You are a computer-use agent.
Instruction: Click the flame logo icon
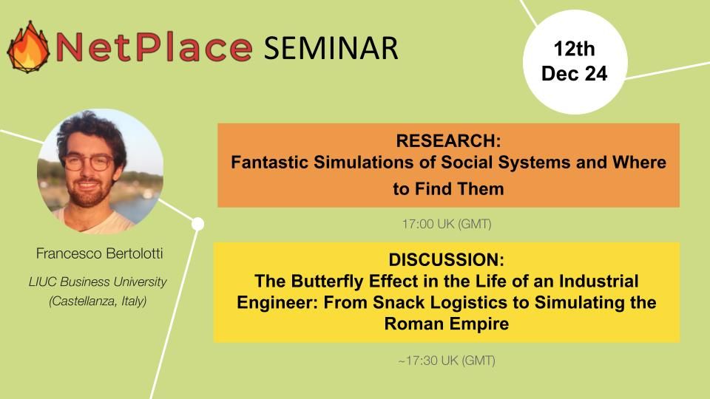pyautogui.click(x=28, y=47)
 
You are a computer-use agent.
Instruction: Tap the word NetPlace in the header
pyautogui.click(x=154, y=47)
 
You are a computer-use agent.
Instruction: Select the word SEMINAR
pyautogui.click(x=331, y=48)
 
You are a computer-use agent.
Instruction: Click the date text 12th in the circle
pyautogui.click(x=574, y=49)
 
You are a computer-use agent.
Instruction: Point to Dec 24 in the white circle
pyautogui.click(x=574, y=73)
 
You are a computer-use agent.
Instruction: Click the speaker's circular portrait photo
pyautogui.click(x=100, y=171)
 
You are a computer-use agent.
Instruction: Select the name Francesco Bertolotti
pyautogui.click(x=99, y=253)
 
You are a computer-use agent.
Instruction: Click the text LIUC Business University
pyautogui.click(x=98, y=282)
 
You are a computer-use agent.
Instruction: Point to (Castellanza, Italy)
pyautogui.click(x=98, y=301)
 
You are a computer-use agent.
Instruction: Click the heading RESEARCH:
pyautogui.click(x=448, y=140)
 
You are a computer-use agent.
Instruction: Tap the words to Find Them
pyautogui.click(x=448, y=188)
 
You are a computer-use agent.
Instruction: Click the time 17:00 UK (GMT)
pyautogui.click(x=447, y=223)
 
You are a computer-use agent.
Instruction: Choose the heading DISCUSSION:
pyautogui.click(x=447, y=259)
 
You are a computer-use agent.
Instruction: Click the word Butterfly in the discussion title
pyautogui.click(x=327, y=281)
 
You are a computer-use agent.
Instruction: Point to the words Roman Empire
pyautogui.click(x=447, y=324)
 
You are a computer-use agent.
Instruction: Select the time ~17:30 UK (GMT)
pyautogui.click(x=447, y=361)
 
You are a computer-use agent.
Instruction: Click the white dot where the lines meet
pyautogui.click(x=198, y=224)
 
